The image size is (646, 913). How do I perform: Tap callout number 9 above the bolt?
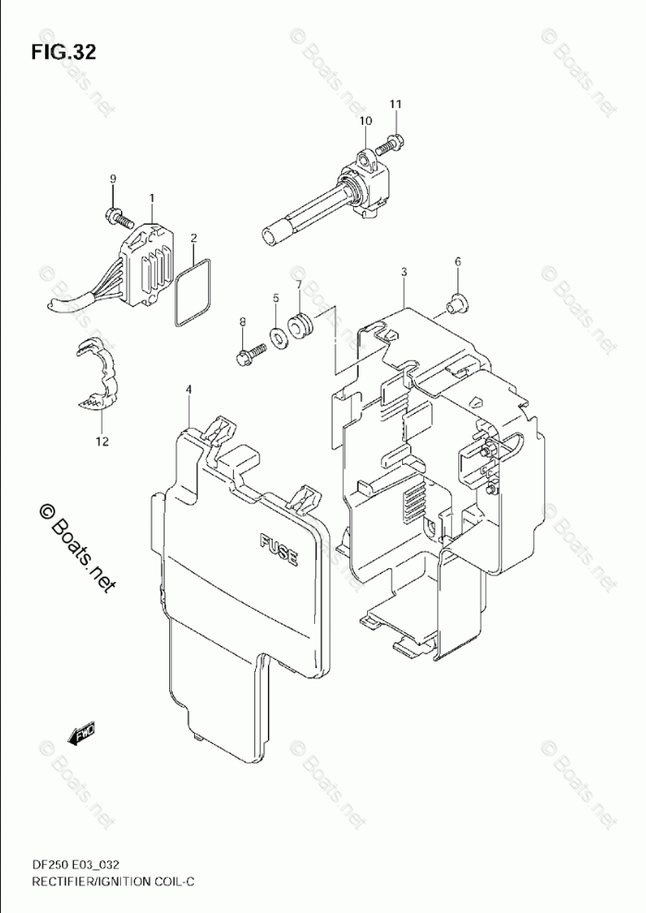click(113, 178)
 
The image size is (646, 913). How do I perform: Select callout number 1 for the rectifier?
click(152, 196)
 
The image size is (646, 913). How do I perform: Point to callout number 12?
click(101, 442)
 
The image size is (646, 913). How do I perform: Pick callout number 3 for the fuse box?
click(404, 272)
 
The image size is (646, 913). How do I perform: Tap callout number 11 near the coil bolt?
click(395, 104)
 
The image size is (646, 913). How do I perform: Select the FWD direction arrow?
click(76, 737)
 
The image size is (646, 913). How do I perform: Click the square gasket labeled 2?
click(192, 292)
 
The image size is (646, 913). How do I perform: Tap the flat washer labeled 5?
click(277, 335)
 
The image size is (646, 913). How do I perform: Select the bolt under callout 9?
click(117, 217)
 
